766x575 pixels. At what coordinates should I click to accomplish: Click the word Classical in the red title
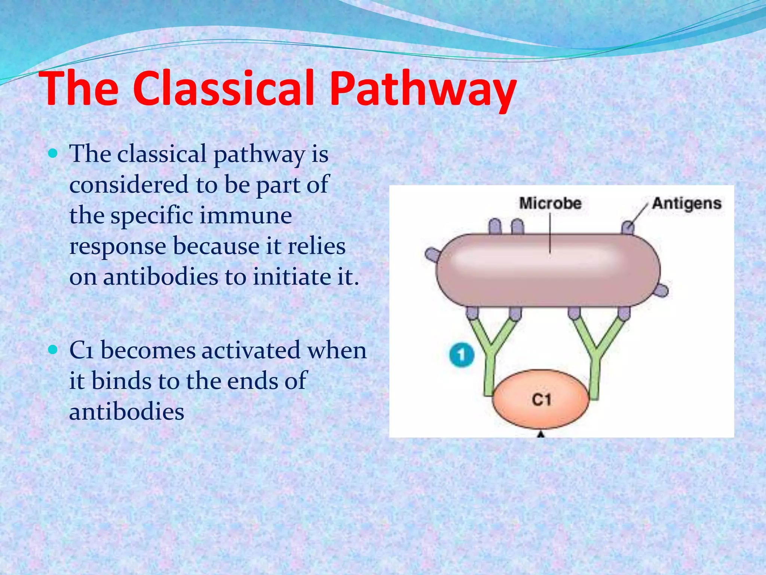[x=227, y=89]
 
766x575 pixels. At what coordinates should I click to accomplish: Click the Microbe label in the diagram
[x=550, y=204]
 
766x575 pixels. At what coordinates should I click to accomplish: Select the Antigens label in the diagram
[x=687, y=204]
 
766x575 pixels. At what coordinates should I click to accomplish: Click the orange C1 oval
[x=541, y=399]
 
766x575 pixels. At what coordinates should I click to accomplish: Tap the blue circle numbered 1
[x=462, y=355]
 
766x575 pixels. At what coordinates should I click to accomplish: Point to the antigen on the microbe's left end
[x=433, y=255]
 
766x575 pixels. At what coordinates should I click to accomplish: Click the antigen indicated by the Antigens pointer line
[x=628, y=228]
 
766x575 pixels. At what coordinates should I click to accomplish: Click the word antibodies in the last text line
[x=126, y=412]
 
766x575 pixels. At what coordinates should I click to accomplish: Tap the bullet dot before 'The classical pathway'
[x=53, y=153]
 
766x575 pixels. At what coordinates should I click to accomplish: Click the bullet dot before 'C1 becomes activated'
[x=53, y=350]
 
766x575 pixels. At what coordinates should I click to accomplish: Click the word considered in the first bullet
[x=129, y=185]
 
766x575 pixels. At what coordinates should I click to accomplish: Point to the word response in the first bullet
[x=117, y=247]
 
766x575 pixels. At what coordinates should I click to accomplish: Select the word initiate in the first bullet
[x=290, y=277]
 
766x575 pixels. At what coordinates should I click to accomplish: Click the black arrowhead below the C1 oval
[x=541, y=434]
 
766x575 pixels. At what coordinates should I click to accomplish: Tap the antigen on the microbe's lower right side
[x=661, y=290]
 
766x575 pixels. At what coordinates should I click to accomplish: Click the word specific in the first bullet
[x=151, y=216]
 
